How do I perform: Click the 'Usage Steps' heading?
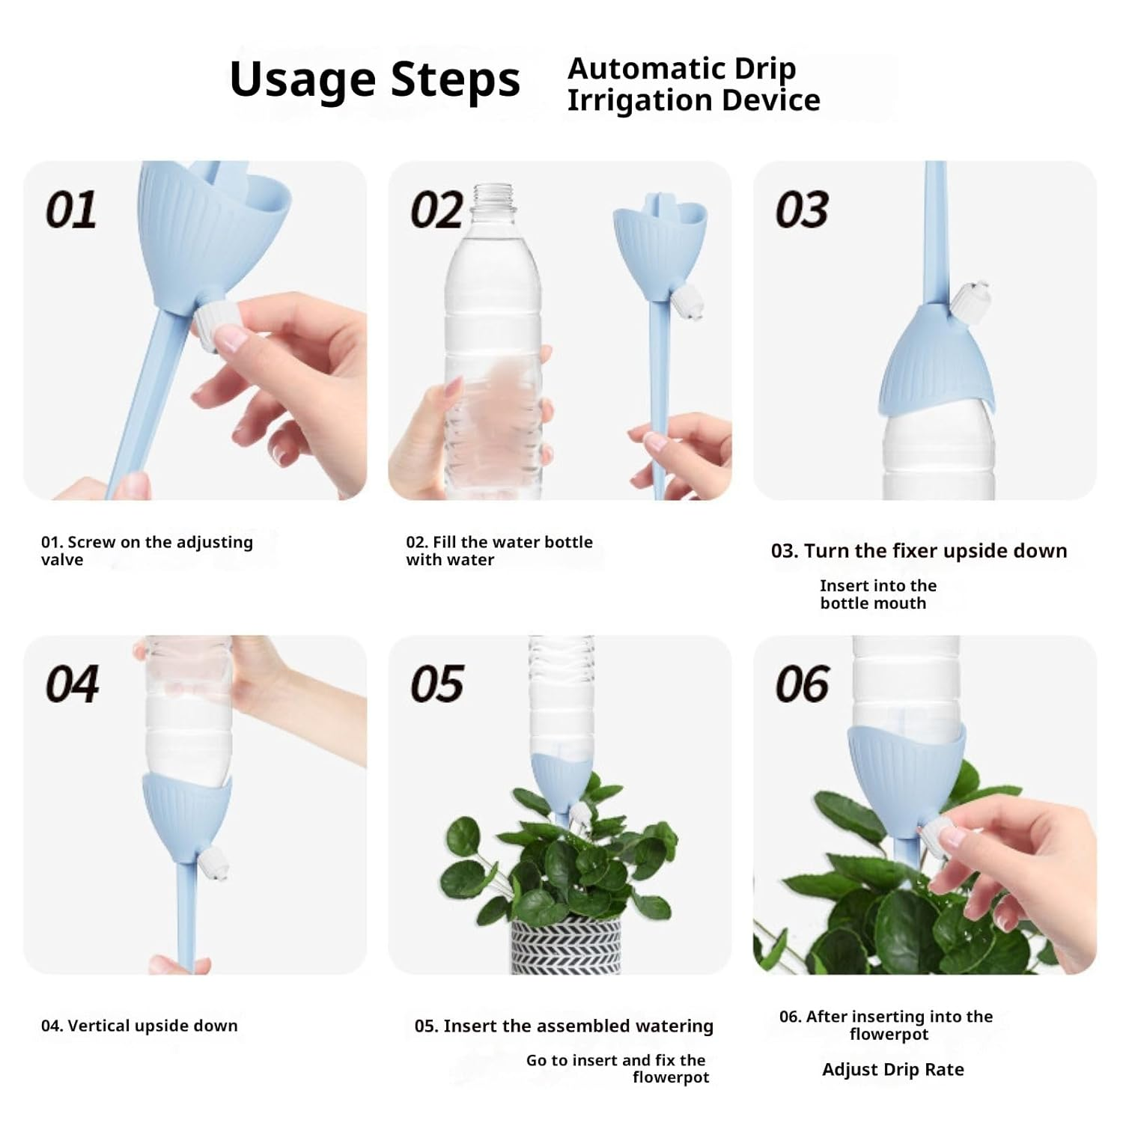[x=374, y=79]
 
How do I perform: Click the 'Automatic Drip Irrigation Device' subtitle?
[x=693, y=84]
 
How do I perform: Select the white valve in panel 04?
[x=213, y=862]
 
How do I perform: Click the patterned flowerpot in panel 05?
[x=565, y=945]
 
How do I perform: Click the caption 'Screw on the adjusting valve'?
[x=147, y=550]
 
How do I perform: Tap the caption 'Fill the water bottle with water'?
[x=499, y=550]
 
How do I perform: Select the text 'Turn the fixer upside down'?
[x=919, y=551]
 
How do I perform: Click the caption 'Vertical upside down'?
[x=139, y=1026]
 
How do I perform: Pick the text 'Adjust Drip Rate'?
[x=892, y=1069]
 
